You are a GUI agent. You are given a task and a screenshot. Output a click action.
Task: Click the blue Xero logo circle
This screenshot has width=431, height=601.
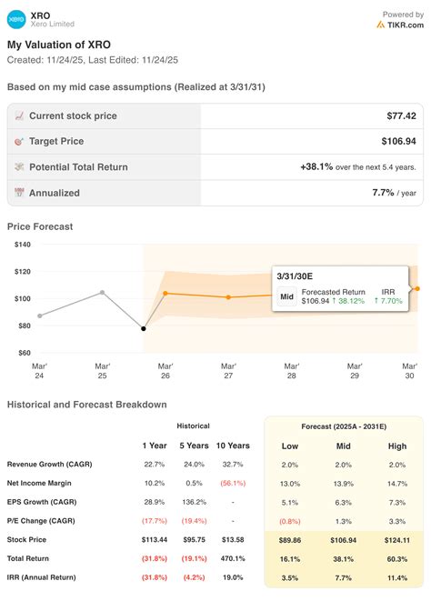click(x=16, y=19)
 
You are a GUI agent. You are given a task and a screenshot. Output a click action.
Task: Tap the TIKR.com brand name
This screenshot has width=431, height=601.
click(x=406, y=25)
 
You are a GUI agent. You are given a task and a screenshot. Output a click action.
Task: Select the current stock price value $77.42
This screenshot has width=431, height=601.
click(x=401, y=115)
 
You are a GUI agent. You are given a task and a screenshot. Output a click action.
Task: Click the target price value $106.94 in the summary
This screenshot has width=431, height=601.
click(x=398, y=141)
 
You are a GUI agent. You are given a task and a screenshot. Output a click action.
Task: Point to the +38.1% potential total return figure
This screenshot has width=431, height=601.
click(x=316, y=166)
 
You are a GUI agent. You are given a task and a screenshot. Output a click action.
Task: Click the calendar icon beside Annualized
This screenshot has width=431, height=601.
click(x=19, y=193)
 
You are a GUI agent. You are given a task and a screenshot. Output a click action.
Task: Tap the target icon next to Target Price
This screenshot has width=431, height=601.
click(x=19, y=142)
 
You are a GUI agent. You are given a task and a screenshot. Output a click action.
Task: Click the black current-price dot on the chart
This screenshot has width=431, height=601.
click(x=144, y=328)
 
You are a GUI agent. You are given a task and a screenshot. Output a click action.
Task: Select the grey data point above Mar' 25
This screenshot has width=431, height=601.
click(x=103, y=293)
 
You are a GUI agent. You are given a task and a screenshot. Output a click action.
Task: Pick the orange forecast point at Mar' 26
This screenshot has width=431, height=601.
click(x=165, y=293)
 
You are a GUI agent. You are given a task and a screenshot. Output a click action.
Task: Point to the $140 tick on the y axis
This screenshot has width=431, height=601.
click(x=23, y=245)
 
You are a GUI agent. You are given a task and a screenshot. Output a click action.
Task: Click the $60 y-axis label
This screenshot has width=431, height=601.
click(x=25, y=353)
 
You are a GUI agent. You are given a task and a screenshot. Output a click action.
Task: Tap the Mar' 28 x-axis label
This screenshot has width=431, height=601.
click(x=291, y=371)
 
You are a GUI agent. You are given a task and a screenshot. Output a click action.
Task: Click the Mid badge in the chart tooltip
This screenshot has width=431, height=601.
click(x=286, y=296)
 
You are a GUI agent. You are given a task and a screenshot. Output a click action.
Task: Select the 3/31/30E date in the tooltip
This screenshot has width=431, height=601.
click(x=295, y=276)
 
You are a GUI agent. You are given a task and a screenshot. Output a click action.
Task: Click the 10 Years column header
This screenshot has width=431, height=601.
click(x=233, y=446)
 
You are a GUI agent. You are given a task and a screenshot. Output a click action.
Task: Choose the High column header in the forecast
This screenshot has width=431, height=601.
click(x=396, y=446)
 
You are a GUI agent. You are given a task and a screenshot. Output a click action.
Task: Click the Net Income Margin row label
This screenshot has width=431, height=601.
click(x=39, y=483)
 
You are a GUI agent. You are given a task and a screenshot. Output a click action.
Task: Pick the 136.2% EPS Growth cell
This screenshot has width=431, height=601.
click(x=194, y=502)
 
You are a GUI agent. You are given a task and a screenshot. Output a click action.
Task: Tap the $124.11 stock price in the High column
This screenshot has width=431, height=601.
click(x=396, y=540)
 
